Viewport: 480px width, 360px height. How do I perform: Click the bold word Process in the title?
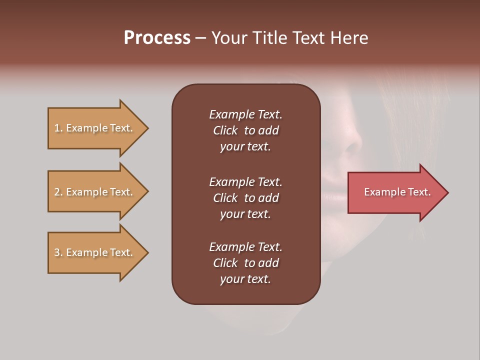pyautogui.click(x=157, y=38)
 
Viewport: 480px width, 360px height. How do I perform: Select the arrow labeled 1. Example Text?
pyautogui.click(x=95, y=128)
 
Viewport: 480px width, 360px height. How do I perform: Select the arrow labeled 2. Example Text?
pyautogui.click(x=95, y=192)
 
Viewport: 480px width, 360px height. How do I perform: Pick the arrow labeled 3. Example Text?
pyautogui.click(x=95, y=252)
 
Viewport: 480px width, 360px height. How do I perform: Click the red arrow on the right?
pyautogui.click(x=395, y=192)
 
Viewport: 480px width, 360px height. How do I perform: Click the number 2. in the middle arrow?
pyautogui.click(x=58, y=192)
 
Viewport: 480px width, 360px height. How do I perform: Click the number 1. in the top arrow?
pyautogui.click(x=58, y=128)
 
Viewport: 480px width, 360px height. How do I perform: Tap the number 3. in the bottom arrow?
pyautogui.click(x=58, y=252)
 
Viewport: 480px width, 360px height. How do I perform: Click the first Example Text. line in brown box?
pyautogui.click(x=245, y=114)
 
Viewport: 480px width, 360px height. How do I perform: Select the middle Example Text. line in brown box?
pyautogui.click(x=245, y=181)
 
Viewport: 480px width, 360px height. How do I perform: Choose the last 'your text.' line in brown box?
pyautogui.click(x=245, y=279)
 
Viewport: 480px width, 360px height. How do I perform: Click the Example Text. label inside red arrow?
pyautogui.click(x=397, y=192)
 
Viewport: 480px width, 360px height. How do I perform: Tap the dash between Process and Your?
pyautogui.click(x=200, y=38)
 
